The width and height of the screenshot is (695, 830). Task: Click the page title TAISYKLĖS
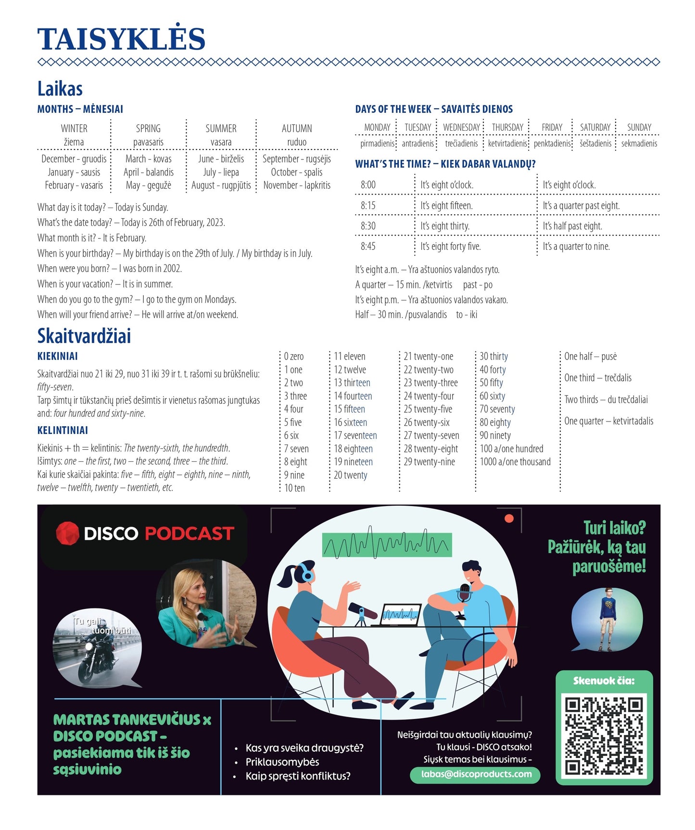tap(121, 39)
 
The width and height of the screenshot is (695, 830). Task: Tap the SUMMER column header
tap(221, 128)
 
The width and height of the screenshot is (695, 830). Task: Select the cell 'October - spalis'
tap(296, 172)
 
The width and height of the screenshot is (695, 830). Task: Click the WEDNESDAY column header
tap(461, 127)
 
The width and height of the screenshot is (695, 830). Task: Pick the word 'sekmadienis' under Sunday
tap(639, 143)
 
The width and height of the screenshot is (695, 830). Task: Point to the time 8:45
tap(368, 247)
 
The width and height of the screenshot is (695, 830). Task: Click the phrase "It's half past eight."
tap(572, 226)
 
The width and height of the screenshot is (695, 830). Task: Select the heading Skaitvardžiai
tap(84, 336)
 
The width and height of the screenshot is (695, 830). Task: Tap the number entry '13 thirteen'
tap(352, 383)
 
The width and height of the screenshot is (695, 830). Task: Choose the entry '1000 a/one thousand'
tap(515, 462)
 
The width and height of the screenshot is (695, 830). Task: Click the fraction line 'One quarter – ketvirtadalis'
tap(608, 421)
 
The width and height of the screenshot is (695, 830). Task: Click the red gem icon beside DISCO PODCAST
tap(67, 533)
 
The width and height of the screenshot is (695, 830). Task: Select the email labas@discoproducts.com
tap(476, 774)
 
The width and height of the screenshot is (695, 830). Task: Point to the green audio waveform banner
tap(387, 544)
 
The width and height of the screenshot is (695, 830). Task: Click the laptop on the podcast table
tap(401, 615)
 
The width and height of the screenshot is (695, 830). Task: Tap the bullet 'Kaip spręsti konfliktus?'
tap(298, 776)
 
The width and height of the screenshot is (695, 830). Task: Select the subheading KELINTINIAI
tap(63, 430)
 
